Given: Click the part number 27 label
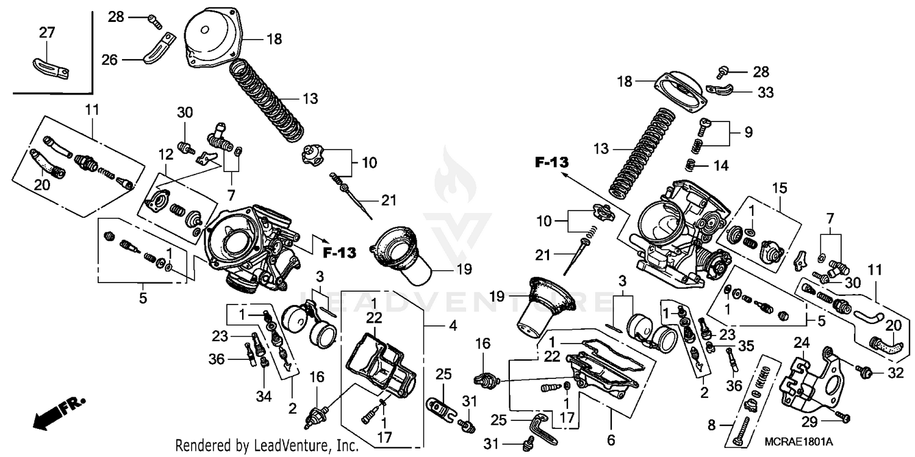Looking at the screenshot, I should point(46,32).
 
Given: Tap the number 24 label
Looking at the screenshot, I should point(800,344).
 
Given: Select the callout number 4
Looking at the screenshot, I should point(452,326).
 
